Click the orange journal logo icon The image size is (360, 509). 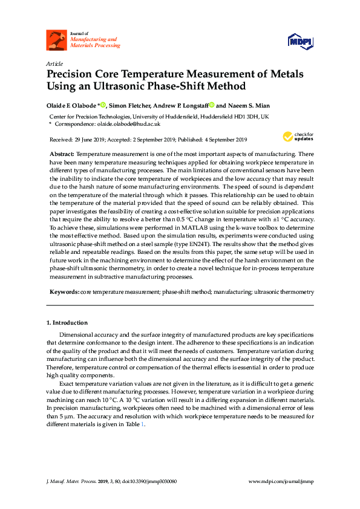[57, 40]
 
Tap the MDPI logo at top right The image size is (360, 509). [300, 41]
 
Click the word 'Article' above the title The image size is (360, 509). [54, 63]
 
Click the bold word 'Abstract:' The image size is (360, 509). [62, 155]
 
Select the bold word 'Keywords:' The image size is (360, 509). [64, 291]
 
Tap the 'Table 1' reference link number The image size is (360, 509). [143, 424]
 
